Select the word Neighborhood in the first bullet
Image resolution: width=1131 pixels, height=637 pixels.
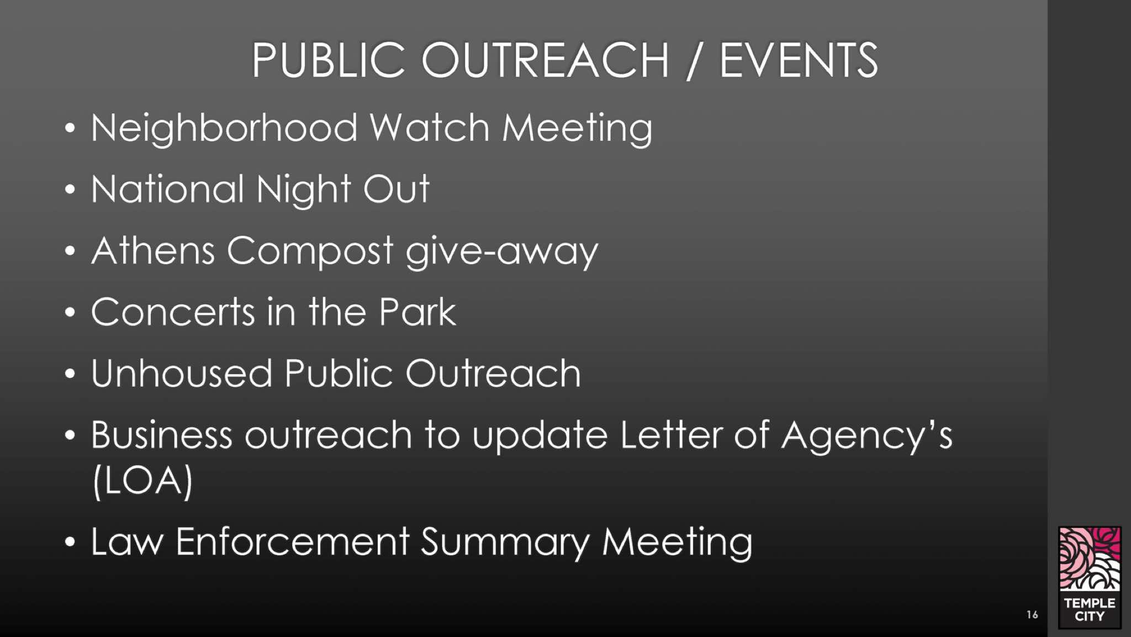224,128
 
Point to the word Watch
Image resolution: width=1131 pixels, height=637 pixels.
430,128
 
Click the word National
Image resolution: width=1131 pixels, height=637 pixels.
167,189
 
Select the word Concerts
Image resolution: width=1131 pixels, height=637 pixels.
173,312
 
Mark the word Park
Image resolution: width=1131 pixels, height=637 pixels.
418,312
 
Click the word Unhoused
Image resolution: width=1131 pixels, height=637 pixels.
182,373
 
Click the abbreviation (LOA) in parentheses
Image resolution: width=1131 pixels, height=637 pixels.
142,481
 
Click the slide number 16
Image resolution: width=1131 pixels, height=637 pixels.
1032,614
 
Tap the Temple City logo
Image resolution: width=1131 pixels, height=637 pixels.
1090,577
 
